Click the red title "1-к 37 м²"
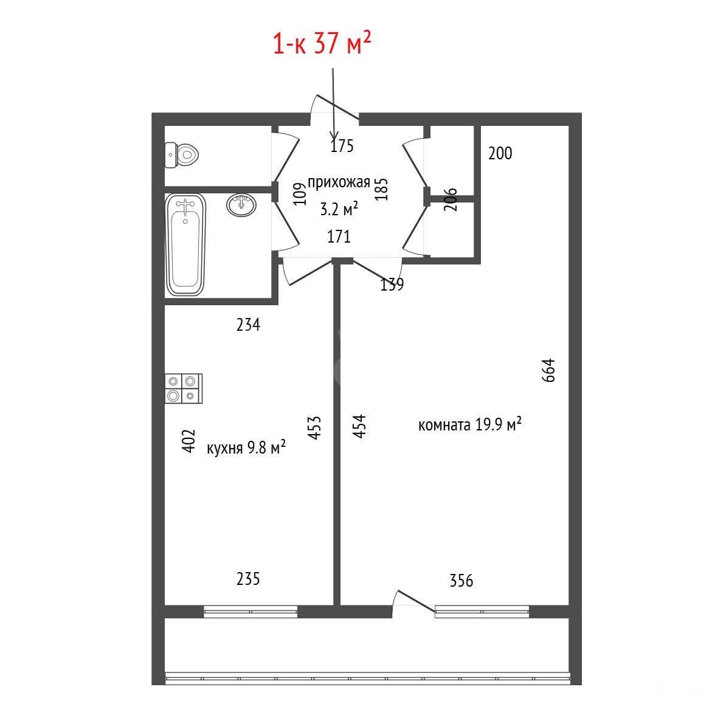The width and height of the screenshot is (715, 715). coord(322,43)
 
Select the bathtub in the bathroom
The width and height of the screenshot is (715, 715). coord(185,245)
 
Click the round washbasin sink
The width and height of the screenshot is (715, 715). coord(241,205)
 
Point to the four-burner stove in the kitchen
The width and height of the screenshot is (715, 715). coord(184,389)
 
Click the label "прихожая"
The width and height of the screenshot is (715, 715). coord(339,183)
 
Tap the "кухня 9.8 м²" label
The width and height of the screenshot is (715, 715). coord(246,447)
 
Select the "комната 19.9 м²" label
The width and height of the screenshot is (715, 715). coord(469,424)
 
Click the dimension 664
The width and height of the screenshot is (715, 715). coord(548,370)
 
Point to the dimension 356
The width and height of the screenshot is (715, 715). coord(461,581)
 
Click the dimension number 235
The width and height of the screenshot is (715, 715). coord(248,579)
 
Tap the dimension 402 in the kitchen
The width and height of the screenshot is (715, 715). coord(188,440)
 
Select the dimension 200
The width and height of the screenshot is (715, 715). coord(500,153)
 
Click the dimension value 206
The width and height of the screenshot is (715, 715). coord(450,199)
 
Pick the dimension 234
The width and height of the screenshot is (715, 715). coord(248,325)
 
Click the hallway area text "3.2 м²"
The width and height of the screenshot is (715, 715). coord(339,209)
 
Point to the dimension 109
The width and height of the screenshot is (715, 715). coord(299,194)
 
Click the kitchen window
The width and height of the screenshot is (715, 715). coord(250,612)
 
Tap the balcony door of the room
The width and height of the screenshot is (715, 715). coord(413,601)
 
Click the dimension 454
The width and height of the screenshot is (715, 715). coord(359,426)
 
